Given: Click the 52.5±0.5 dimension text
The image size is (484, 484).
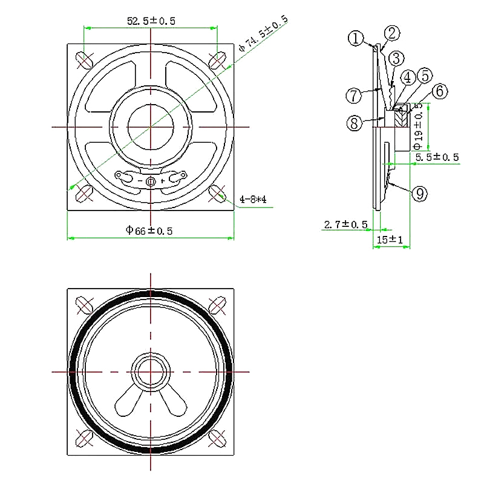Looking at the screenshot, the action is (151, 21).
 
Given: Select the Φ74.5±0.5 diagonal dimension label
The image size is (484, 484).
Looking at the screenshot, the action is (263, 33).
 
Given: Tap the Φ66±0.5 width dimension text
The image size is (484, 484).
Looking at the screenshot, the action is (149, 231).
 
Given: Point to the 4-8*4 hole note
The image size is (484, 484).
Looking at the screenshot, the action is (253, 200).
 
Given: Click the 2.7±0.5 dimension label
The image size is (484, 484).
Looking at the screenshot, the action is (345, 224).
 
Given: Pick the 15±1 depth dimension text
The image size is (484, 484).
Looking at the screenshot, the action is (390, 240).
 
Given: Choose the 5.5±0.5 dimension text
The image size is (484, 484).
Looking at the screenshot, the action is (437, 157).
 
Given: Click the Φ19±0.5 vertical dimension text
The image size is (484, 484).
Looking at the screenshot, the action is (418, 126).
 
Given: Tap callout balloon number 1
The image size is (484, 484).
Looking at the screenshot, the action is (356, 39).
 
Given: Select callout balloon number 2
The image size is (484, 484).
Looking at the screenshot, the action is (392, 33).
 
